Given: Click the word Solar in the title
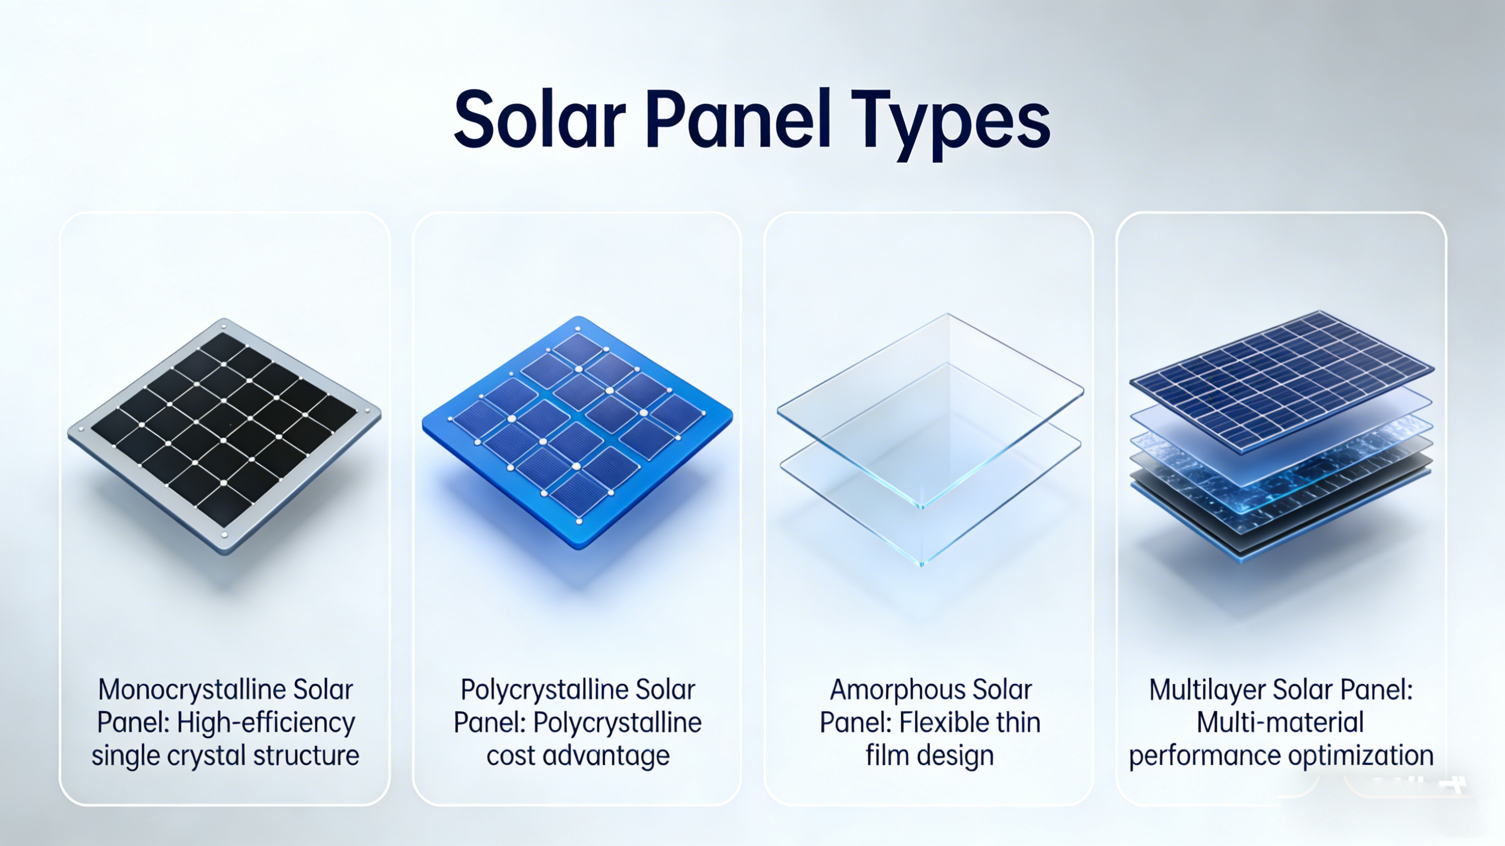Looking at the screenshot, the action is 540,119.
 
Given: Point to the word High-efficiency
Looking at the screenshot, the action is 266,723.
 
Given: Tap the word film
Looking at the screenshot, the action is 886,755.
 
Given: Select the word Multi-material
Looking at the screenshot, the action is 1280,723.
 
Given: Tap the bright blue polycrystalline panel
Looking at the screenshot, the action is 577,432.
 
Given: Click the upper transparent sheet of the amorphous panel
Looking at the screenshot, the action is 930,409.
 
